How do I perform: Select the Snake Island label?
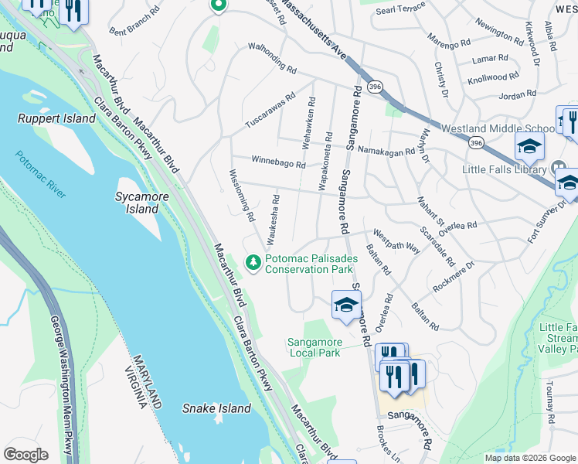tap(216, 408)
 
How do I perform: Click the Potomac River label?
tap(40, 175)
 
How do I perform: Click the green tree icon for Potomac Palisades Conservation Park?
tap(253, 264)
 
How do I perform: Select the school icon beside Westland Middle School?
tap(530, 145)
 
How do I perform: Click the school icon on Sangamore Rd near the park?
tap(346, 303)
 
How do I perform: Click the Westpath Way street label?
tap(396, 241)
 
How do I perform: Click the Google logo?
tap(25, 455)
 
